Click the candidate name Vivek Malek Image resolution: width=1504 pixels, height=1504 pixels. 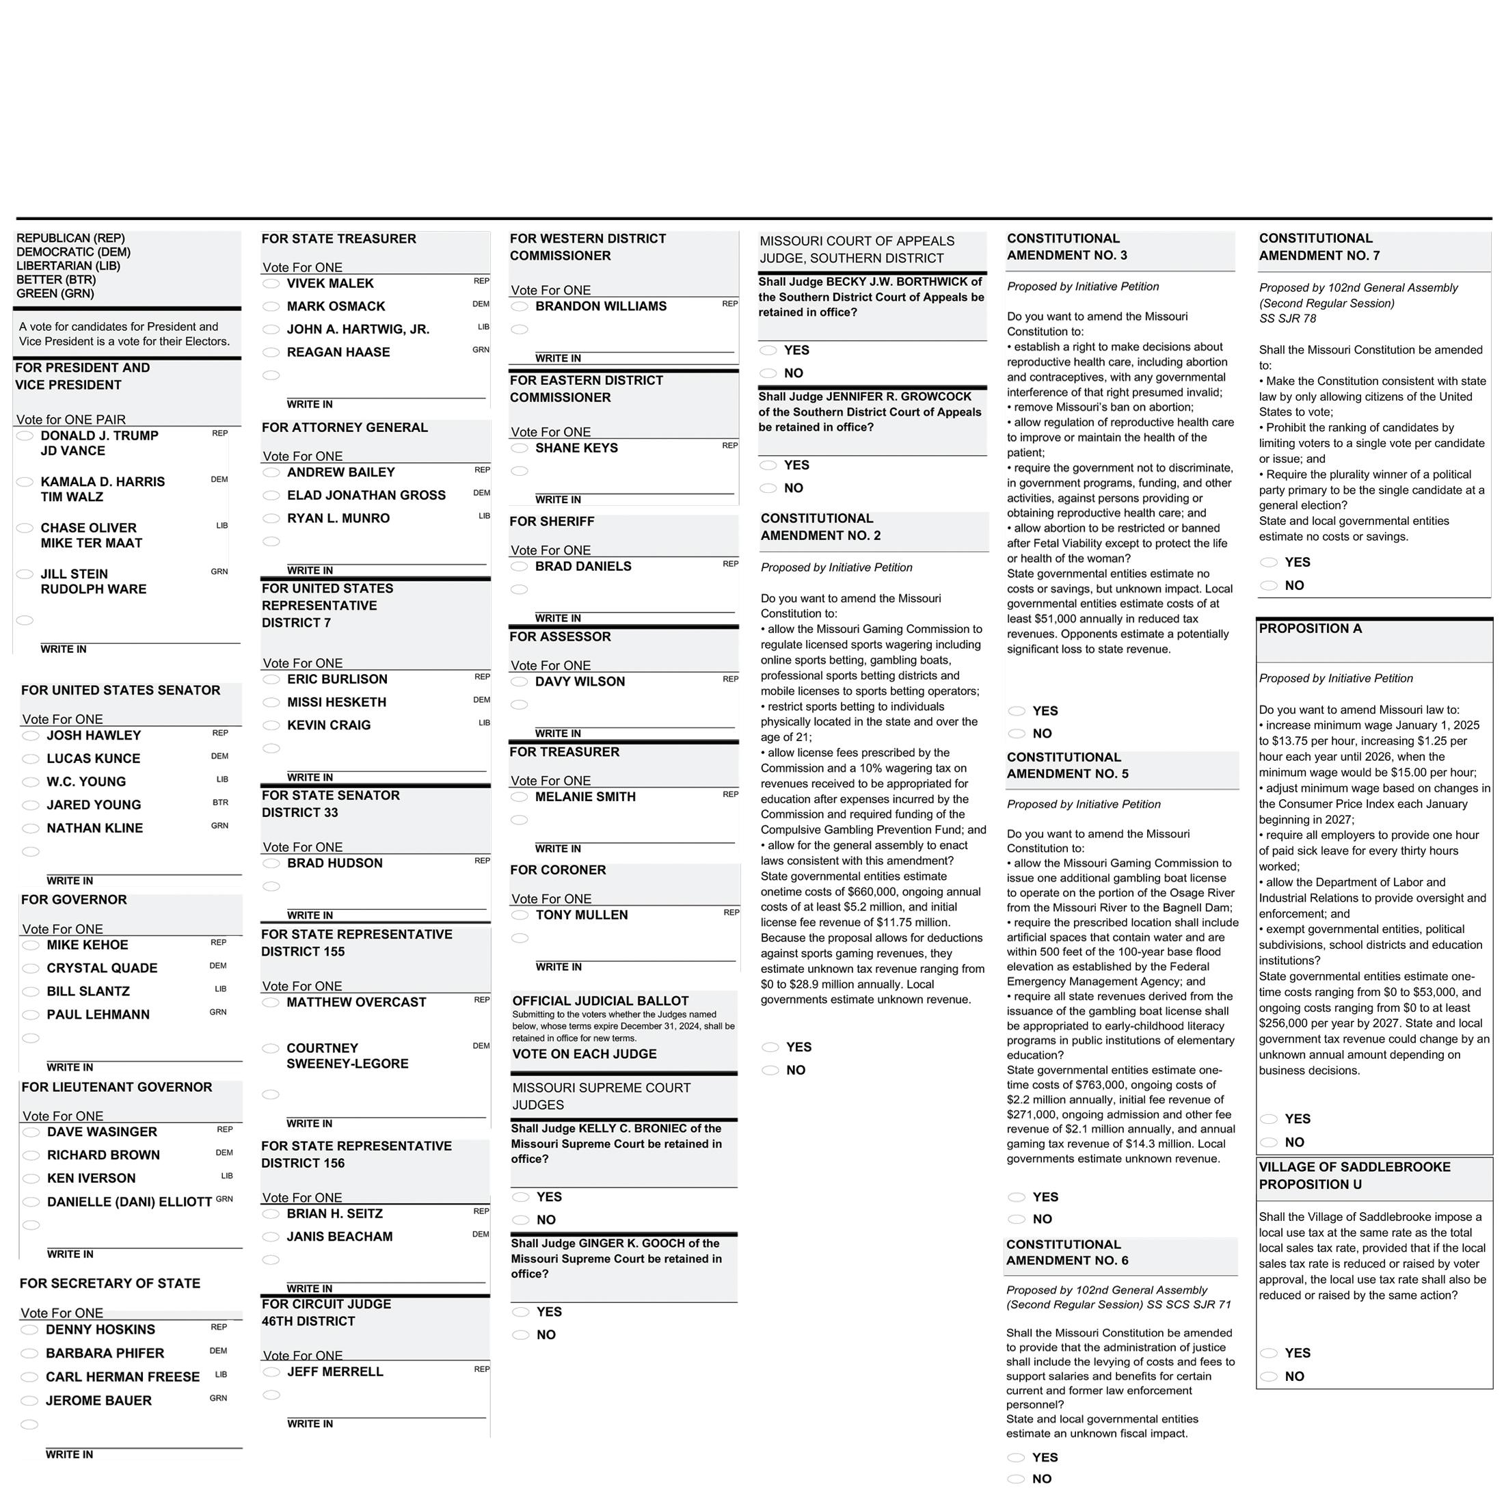coord(330,283)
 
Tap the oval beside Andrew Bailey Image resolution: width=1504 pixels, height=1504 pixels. coord(271,472)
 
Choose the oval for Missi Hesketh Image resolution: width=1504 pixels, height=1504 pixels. coord(271,702)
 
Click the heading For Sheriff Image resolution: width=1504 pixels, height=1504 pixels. coord(552,522)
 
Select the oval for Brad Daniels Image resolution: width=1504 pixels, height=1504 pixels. coord(520,567)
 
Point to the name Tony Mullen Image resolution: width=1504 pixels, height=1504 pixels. coord(582,915)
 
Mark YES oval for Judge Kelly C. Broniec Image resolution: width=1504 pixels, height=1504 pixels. coord(520,1197)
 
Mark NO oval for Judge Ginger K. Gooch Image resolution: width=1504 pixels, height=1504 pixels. coord(520,1335)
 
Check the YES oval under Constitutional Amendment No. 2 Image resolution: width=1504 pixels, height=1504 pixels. coord(770,1048)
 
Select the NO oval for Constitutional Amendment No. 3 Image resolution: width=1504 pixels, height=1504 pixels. coord(1016,734)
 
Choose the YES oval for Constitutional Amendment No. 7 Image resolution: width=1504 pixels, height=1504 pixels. coord(1269,562)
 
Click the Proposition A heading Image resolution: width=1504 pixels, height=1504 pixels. coord(1310,629)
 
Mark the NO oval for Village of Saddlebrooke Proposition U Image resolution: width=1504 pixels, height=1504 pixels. coord(1269,1376)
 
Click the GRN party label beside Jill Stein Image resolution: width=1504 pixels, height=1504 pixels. coord(219,572)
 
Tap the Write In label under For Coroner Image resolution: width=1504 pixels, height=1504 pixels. coord(558,967)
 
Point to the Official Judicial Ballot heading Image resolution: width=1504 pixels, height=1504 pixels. coord(600,1001)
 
